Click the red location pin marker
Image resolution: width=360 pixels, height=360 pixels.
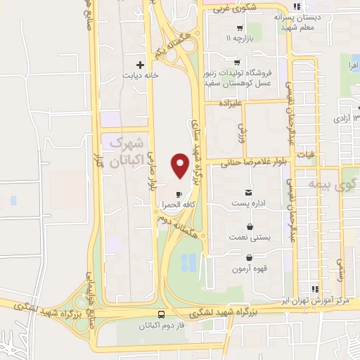click(x=180, y=166)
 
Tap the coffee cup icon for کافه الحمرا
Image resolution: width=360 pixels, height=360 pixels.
click(x=179, y=193)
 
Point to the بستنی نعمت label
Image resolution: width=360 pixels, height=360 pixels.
click(x=251, y=238)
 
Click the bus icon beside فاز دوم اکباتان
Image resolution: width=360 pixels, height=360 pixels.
click(x=162, y=314)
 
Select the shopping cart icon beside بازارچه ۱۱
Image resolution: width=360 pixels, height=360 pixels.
click(x=240, y=29)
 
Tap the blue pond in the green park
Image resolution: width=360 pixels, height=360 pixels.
click(x=188, y=262)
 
